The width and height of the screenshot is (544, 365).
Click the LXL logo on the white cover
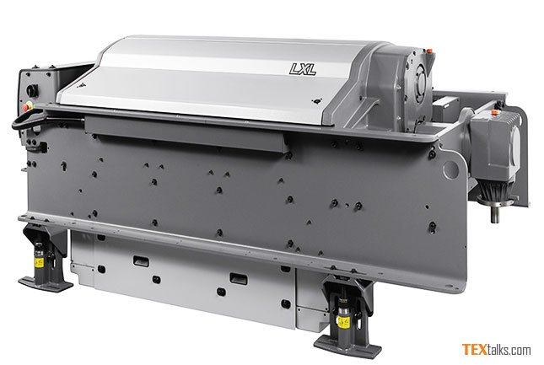[x=303, y=69]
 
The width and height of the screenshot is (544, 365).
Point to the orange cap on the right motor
[x=493, y=112]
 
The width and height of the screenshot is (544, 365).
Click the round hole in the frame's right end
[x=450, y=169]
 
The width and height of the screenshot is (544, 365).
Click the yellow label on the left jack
[x=39, y=263]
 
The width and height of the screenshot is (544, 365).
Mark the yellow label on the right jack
[x=344, y=323]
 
